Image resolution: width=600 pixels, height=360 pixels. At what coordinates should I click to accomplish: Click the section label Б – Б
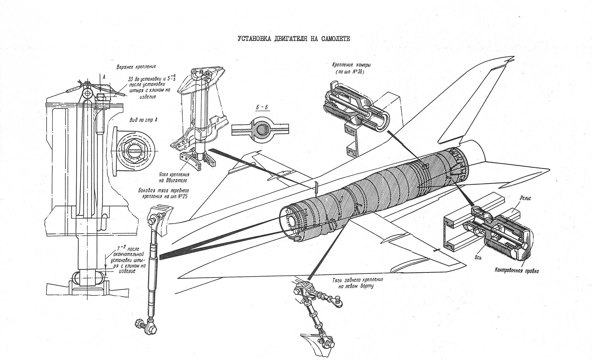click(262, 107)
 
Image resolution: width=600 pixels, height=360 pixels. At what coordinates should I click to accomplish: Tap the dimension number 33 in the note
click(131, 79)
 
